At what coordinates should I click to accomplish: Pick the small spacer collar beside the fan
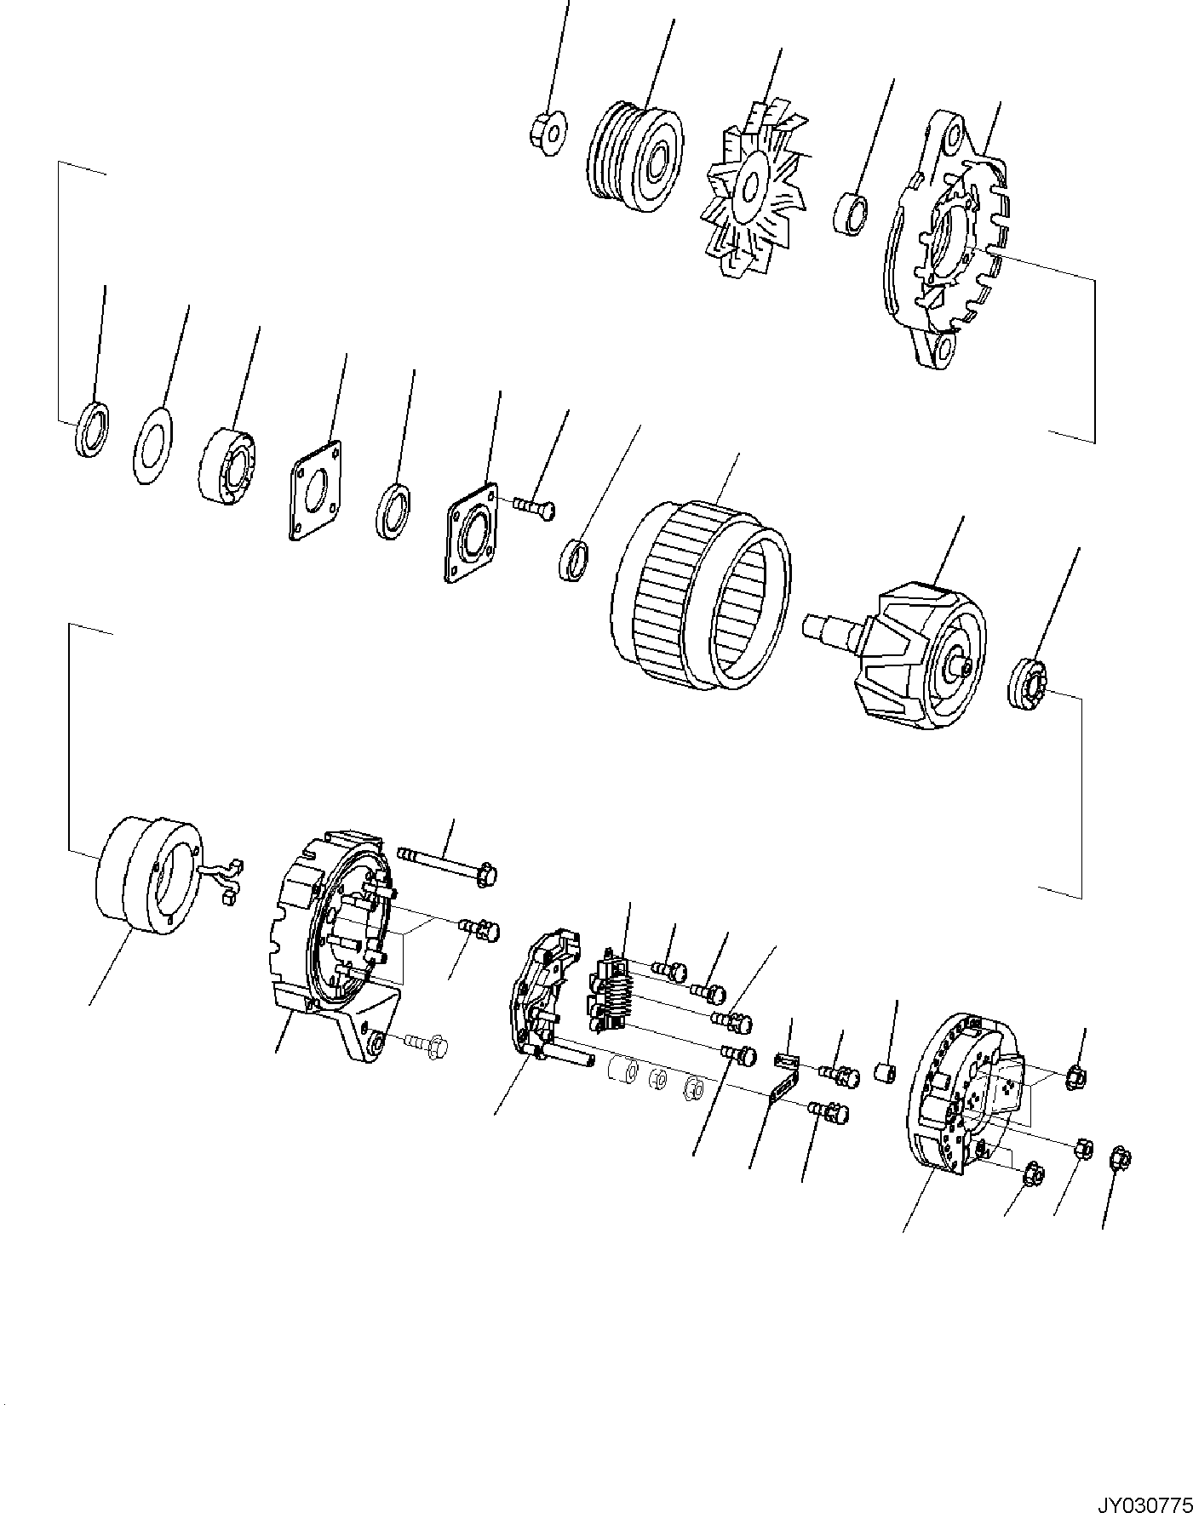pyautogui.click(x=851, y=213)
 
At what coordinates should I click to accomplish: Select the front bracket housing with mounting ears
pyautogui.click(x=945, y=242)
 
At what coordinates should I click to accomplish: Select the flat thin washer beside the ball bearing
pyautogui.click(x=153, y=448)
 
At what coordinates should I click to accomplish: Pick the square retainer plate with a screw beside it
pyautogui.click(x=473, y=533)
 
